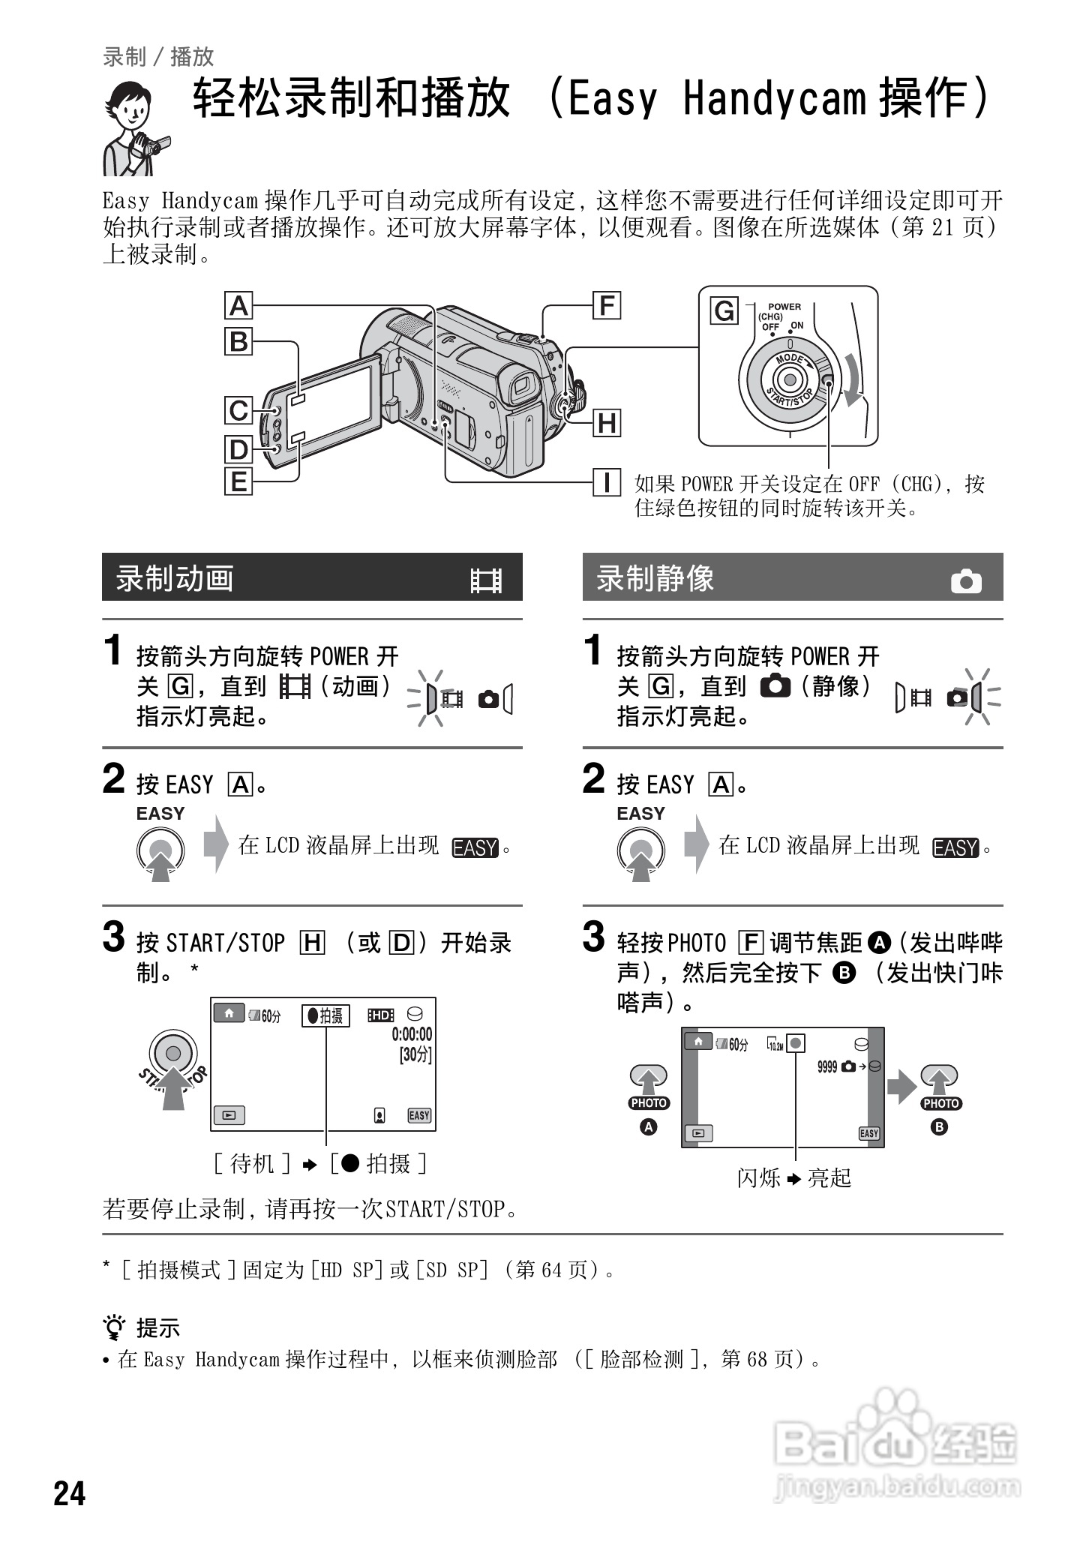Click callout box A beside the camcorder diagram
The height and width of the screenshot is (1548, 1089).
[x=238, y=306]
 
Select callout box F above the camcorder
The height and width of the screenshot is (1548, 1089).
[x=607, y=305]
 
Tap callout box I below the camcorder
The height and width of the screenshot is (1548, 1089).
[x=607, y=481]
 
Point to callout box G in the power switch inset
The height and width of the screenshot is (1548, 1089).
[x=724, y=310]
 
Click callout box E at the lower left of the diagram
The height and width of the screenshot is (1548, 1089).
[x=238, y=481]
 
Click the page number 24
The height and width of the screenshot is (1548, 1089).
[x=70, y=1493]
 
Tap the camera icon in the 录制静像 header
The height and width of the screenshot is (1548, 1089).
[x=966, y=581]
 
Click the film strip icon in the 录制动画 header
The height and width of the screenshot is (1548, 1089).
[x=486, y=580]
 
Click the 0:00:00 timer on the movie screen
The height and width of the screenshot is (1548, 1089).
[x=412, y=1035]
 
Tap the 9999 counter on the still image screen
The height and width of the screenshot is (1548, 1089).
[x=826, y=1066]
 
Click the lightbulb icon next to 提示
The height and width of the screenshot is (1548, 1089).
[x=114, y=1327]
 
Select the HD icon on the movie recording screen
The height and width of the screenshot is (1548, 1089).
[x=381, y=1015]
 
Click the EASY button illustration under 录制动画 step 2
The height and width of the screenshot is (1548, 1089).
[x=160, y=850]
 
